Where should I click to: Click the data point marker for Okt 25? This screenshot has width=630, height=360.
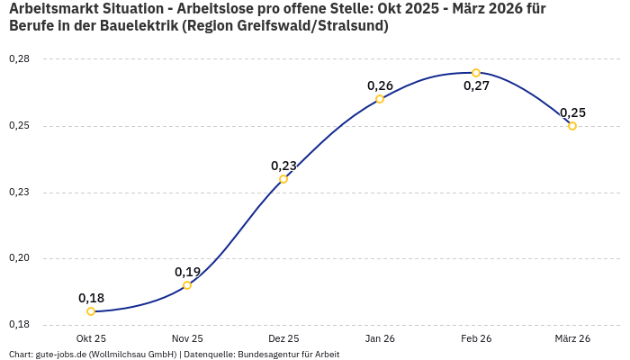click(91, 311)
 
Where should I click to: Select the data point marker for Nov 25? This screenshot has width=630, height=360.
click(187, 285)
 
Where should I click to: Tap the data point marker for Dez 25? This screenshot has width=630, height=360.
click(283, 179)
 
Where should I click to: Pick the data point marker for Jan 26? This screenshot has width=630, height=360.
click(380, 99)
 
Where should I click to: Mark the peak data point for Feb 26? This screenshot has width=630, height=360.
click(476, 73)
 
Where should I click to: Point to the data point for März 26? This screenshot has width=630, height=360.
click(572, 126)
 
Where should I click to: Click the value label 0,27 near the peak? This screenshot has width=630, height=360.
click(476, 86)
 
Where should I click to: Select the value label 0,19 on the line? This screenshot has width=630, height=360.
click(187, 272)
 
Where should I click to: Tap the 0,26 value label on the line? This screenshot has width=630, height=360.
click(380, 85)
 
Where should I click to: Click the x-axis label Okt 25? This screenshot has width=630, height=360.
click(91, 338)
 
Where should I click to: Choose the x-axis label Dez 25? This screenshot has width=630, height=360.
click(283, 338)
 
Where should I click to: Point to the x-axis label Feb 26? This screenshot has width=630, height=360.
click(476, 338)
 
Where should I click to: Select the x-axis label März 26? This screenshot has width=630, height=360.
click(572, 338)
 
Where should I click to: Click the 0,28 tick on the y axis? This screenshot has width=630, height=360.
click(19, 59)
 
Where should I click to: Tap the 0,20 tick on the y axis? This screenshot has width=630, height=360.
click(19, 259)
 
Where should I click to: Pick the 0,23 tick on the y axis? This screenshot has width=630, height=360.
click(19, 193)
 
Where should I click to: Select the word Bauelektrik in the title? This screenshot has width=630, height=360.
click(138, 26)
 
